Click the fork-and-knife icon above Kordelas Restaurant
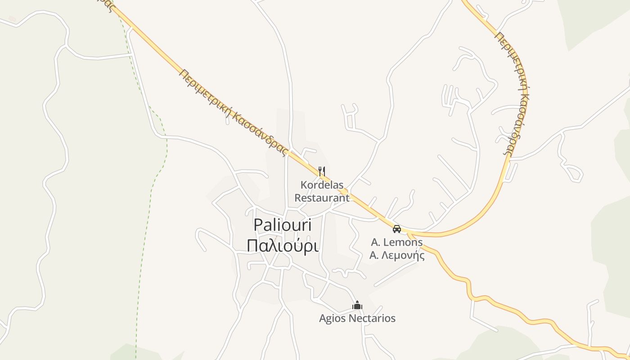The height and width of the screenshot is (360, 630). pyautogui.click(x=322, y=171)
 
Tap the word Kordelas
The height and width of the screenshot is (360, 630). pyautogui.click(x=322, y=185)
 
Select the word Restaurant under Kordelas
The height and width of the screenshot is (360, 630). pyautogui.click(x=322, y=198)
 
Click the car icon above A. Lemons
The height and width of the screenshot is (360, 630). pyautogui.click(x=396, y=229)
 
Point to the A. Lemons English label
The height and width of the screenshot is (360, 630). pyautogui.click(x=396, y=242)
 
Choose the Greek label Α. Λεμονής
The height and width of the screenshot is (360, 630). pyautogui.click(x=397, y=256)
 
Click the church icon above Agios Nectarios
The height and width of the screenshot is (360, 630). pyautogui.click(x=357, y=306)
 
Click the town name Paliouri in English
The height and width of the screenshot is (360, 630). pyautogui.click(x=283, y=225)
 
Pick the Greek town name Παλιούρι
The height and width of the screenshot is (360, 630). pyautogui.click(x=283, y=246)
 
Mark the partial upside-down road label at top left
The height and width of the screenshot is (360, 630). pyautogui.click(x=107, y=4)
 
